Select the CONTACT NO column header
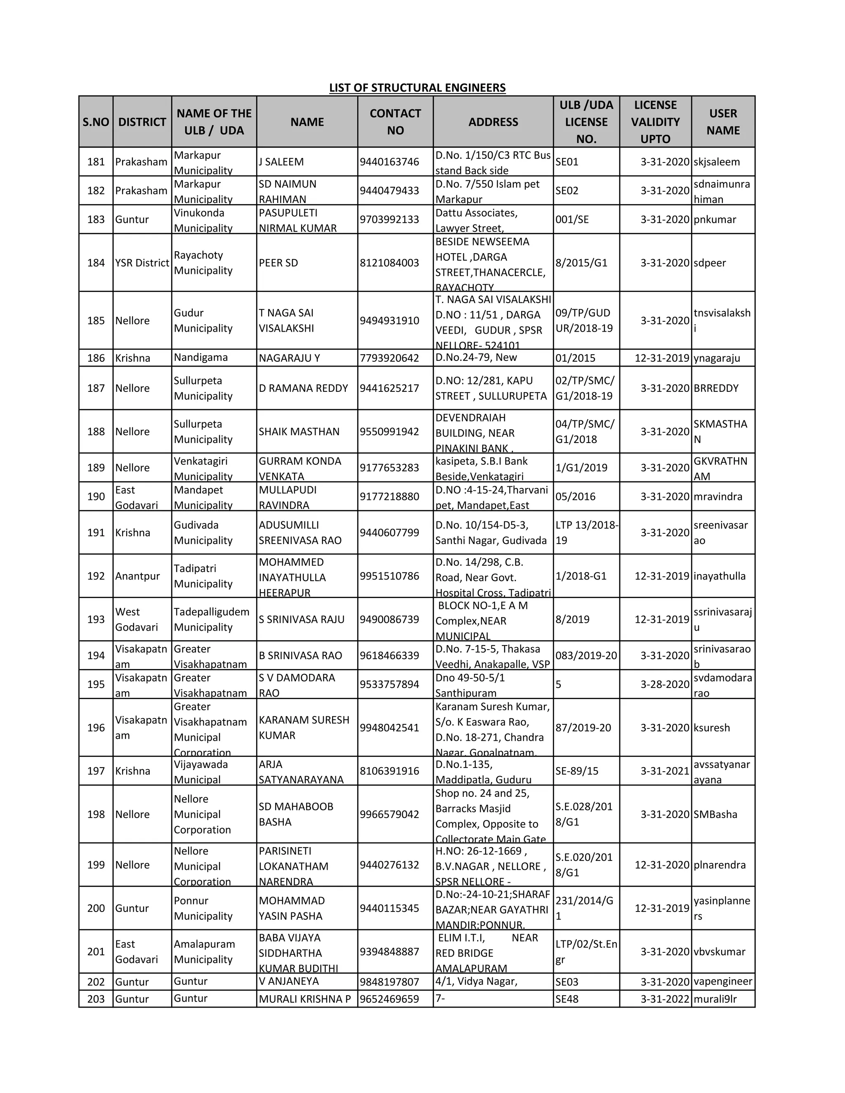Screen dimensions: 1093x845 395,122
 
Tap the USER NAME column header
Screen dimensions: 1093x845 723,122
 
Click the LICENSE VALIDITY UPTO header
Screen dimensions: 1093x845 655,122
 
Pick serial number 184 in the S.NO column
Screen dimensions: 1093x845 96,263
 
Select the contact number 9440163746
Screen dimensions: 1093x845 389,162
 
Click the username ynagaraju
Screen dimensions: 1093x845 716,358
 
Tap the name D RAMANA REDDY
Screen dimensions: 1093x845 303,389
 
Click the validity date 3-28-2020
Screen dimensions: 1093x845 665,684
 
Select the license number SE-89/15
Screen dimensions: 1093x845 577,771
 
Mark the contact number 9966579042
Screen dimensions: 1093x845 389,814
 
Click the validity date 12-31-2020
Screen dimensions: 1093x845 662,865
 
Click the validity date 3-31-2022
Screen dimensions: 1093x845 665,999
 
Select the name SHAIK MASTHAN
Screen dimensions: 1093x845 299,431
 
